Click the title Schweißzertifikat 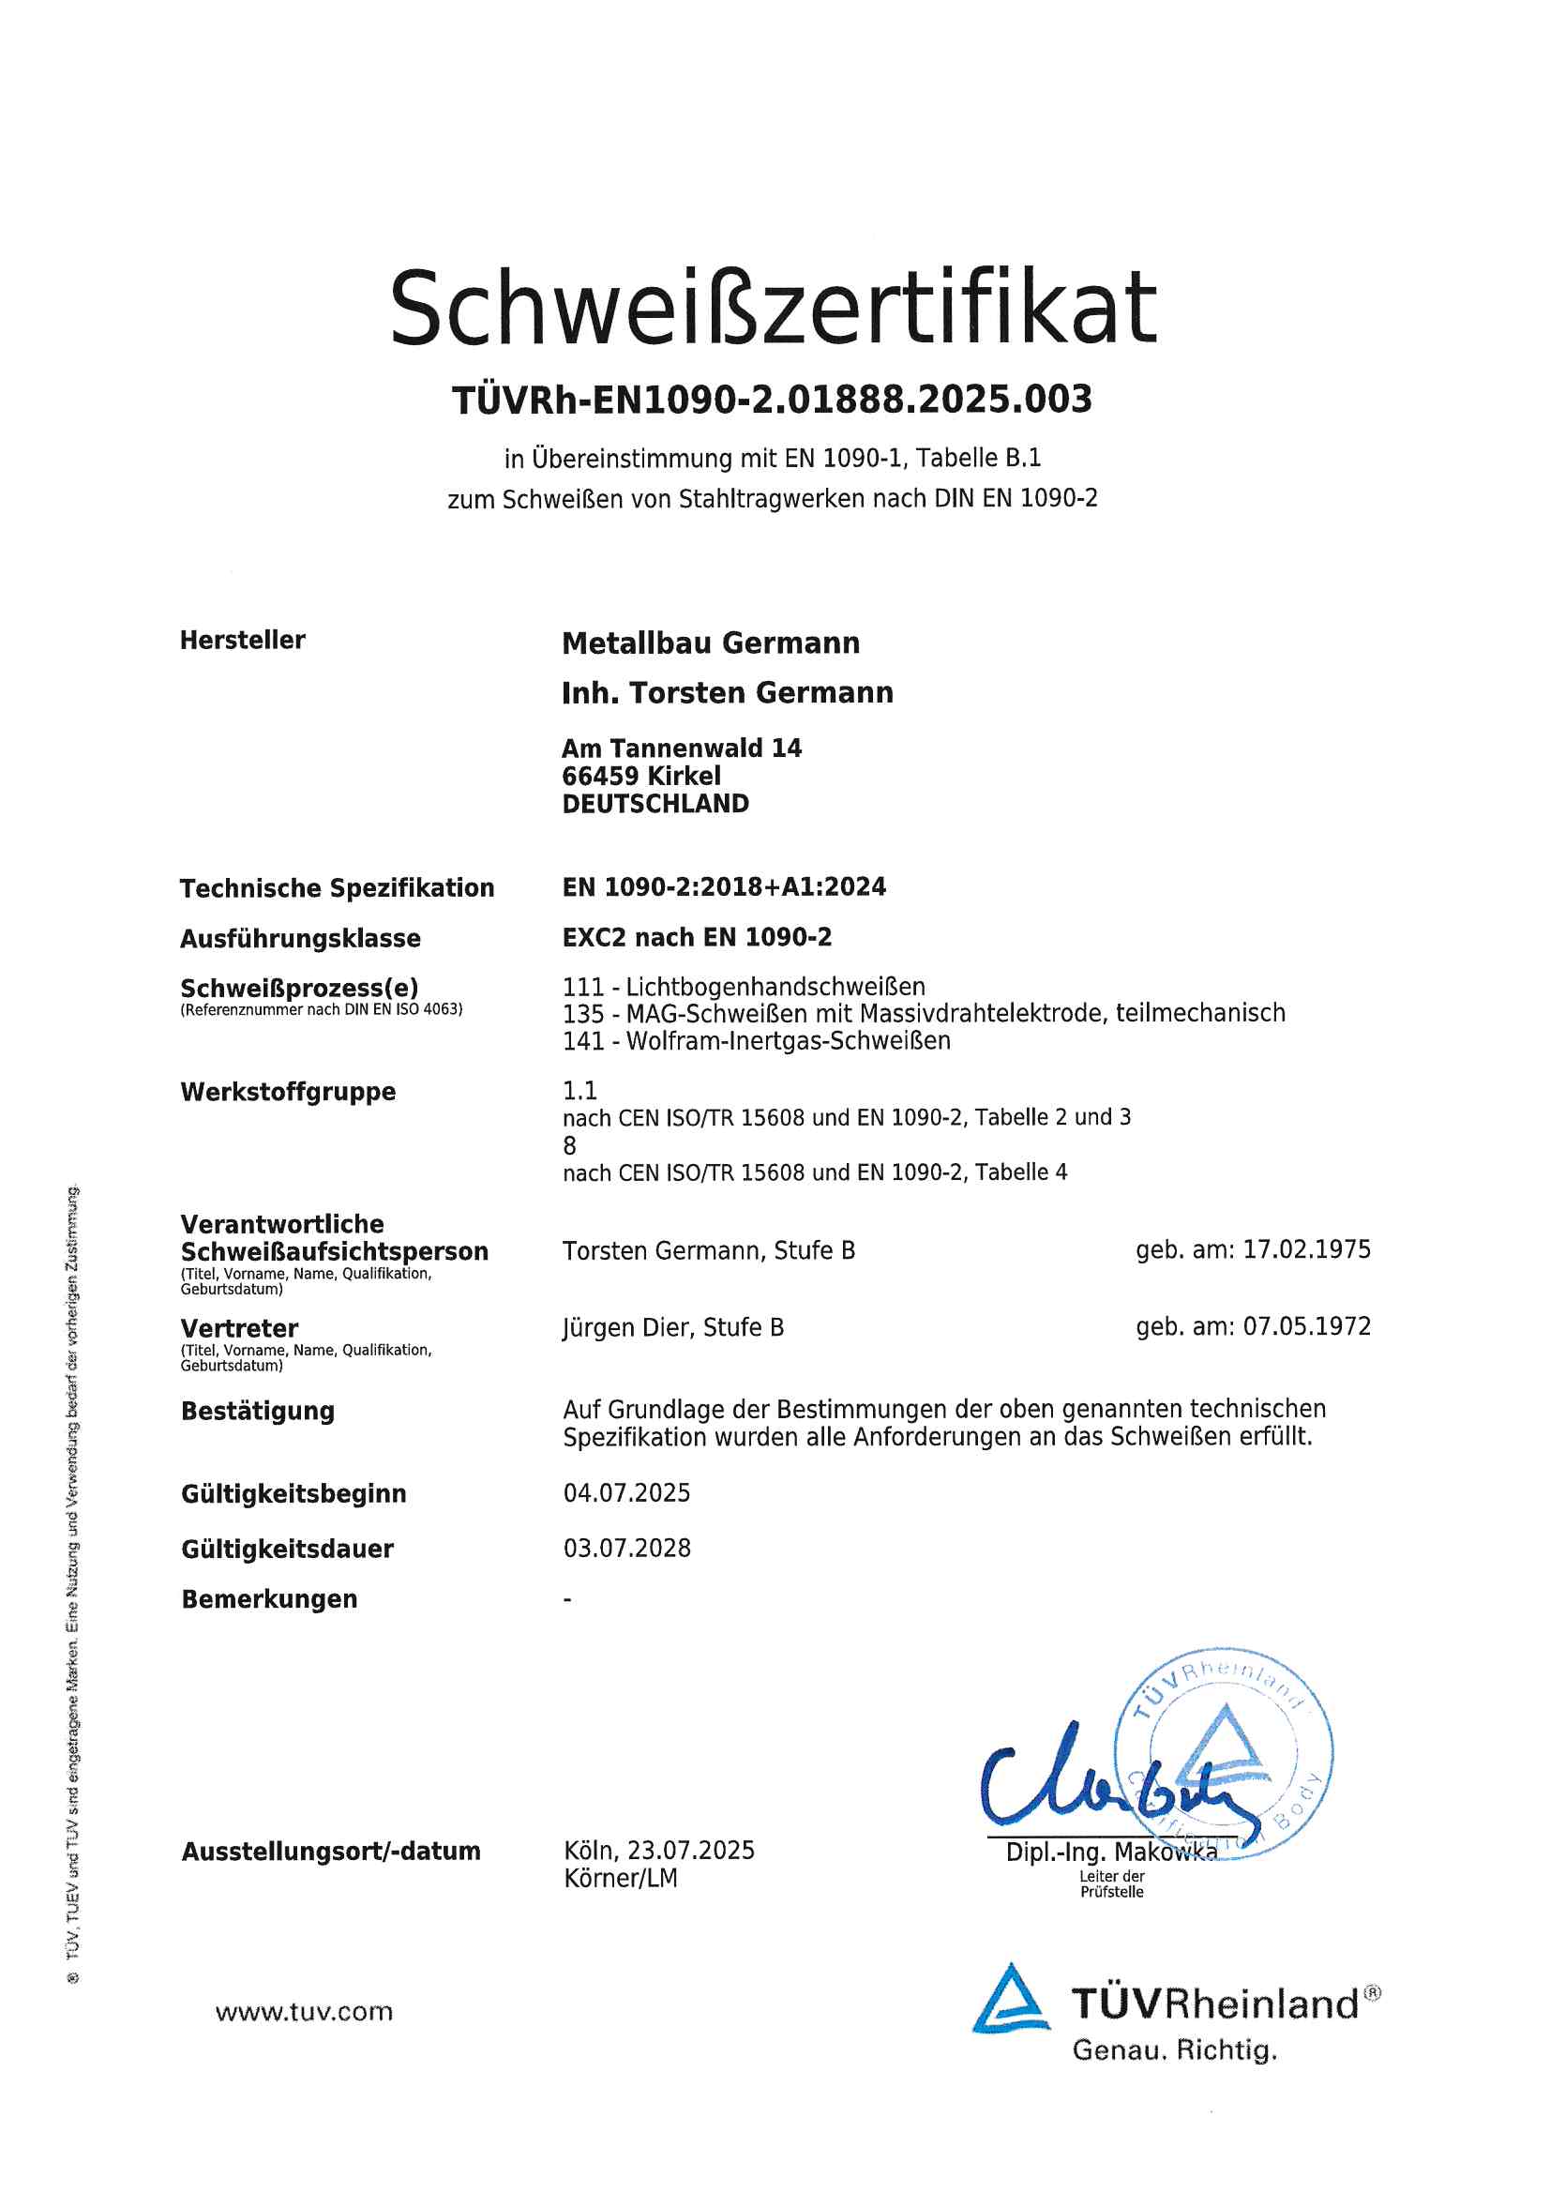point(774,308)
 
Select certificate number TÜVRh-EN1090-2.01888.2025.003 point(772,400)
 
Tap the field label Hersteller point(243,640)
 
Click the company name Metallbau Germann point(711,643)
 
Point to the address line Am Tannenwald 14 point(681,748)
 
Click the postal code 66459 point(600,776)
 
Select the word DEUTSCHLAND point(655,803)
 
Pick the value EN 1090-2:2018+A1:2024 point(724,887)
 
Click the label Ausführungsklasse point(300,938)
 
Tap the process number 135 point(582,1013)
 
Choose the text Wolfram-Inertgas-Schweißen point(788,1041)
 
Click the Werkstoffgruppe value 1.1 point(579,1091)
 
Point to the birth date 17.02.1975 point(1306,1249)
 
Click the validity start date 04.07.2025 point(626,1493)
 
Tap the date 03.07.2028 point(626,1549)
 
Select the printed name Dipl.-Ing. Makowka point(1110,1853)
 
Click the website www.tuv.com point(304,2012)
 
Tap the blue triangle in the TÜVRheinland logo point(1011,2001)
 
